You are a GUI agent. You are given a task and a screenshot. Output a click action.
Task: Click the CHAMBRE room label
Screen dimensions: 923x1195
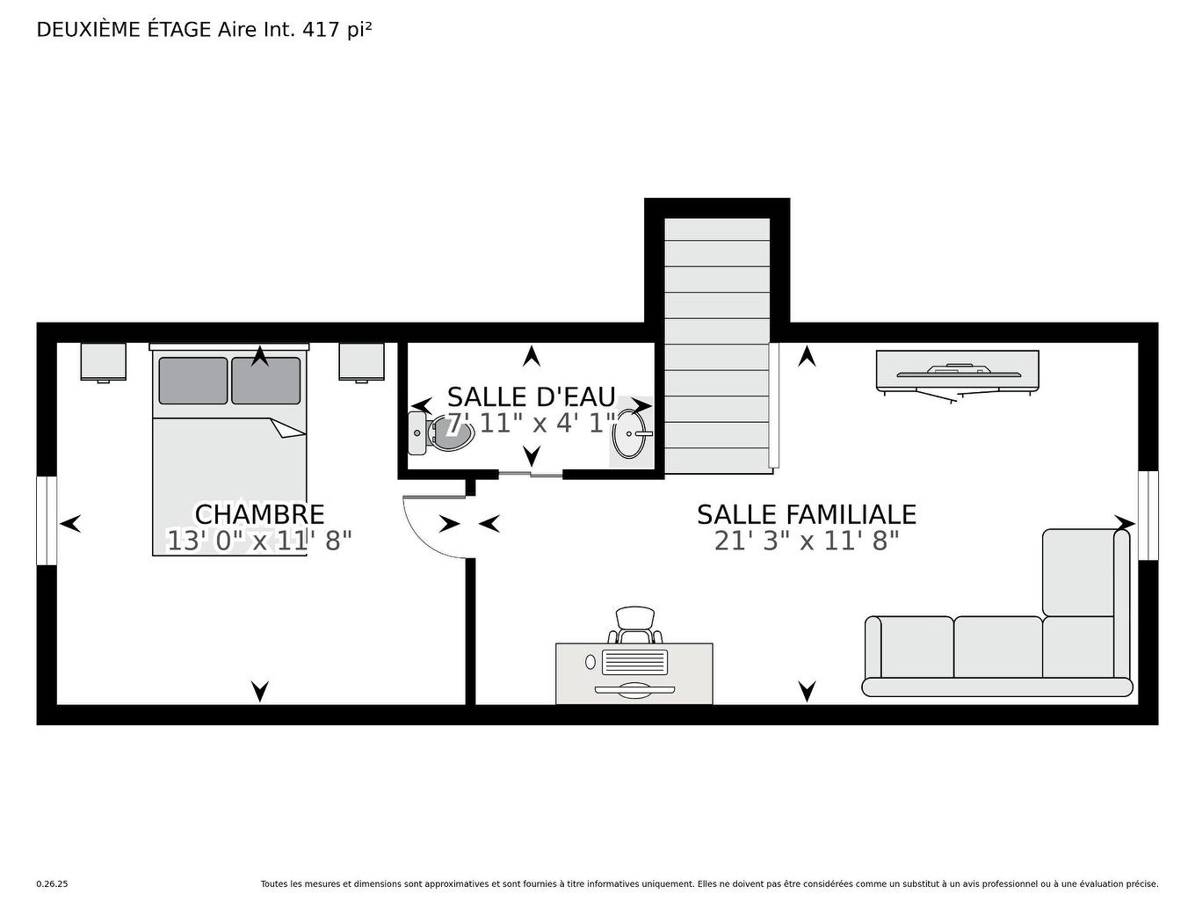pyautogui.click(x=259, y=514)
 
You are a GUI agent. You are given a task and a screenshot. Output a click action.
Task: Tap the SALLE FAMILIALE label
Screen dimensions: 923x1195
pyautogui.click(x=806, y=514)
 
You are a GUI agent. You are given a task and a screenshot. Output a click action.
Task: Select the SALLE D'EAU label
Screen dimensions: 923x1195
pyautogui.click(x=531, y=397)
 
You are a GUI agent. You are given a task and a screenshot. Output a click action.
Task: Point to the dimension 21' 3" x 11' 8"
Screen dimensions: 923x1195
pyautogui.click(x=806, y=541)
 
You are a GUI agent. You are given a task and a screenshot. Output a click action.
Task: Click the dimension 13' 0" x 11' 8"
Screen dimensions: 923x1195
pyautogui.click(x=259, y=541)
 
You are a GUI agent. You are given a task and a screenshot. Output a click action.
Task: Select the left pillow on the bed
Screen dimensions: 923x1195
pyautogui.click(x=192, y=381)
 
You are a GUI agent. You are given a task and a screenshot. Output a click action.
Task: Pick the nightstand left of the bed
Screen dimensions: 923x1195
pyautogui.click(x=103, y=361)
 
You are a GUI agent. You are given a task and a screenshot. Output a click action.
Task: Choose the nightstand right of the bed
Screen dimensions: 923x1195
pyautogui.click(x=361, y=361)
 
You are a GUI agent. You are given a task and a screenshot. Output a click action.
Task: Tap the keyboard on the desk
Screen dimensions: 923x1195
pyautogui.click(x=634, y=660)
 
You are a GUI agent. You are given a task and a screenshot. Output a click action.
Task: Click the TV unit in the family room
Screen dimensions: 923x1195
pyautogui.click(x=957, y=370)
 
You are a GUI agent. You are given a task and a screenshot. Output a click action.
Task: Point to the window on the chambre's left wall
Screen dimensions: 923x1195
pyautogui.click(x=47, y=520)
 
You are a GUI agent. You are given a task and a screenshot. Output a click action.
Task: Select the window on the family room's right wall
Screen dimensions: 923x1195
pyautogui.click(x=1148, y=515)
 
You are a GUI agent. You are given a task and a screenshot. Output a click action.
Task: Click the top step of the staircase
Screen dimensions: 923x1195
pyautogui.click(x=717, y=229)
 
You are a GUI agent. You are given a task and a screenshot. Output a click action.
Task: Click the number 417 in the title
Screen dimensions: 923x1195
pyautogui.click(x=322, y=30)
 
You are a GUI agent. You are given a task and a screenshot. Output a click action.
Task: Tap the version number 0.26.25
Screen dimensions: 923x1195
pyautogui.click(x=52, y=884)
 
